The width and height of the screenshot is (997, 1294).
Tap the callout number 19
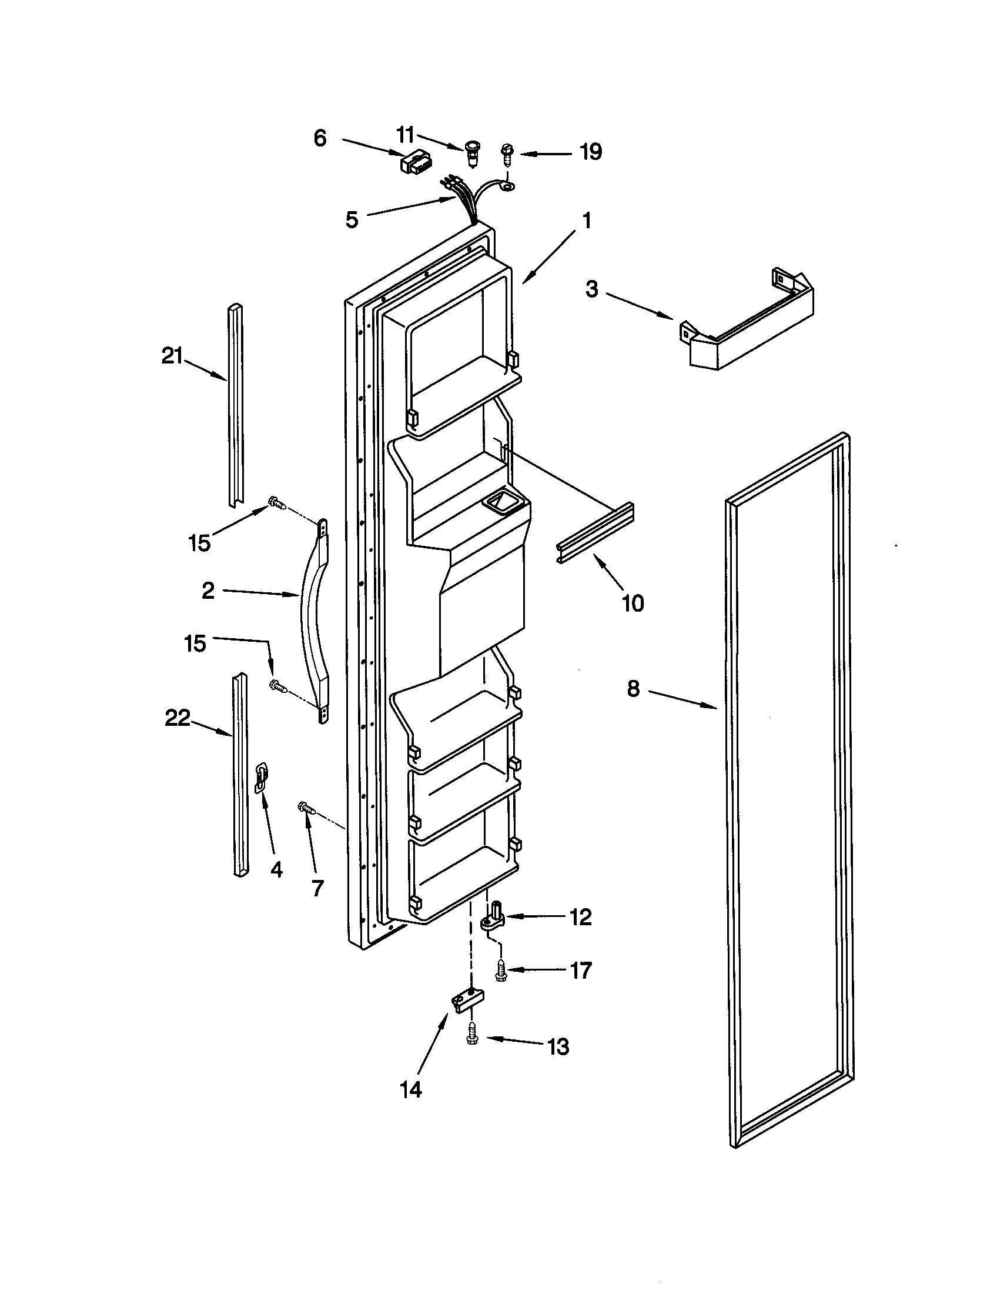pos(590,152)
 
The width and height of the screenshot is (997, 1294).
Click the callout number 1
pos(586,222)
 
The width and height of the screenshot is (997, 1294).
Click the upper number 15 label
pos(199,543)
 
